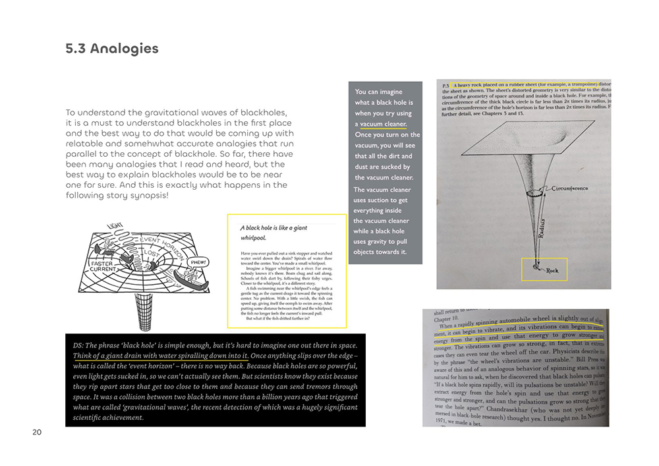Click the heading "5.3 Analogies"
pyautogui.click(x=112, y=49)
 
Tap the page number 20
pyautogui.click(x=36, y=432)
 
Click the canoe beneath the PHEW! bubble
pyautogui.click(x=197, y=279)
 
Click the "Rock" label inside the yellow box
pyautogui.click(x=552, y=270)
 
